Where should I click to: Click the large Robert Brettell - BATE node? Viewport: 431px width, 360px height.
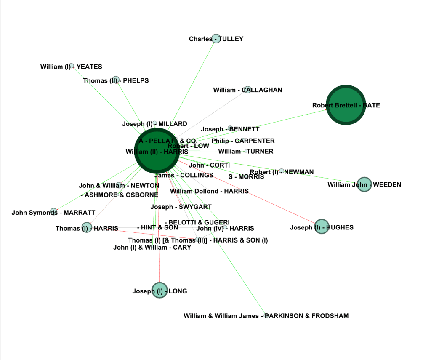(346, 105)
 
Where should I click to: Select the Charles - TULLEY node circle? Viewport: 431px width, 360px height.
(216, 39)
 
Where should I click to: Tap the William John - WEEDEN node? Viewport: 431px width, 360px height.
(364, 184)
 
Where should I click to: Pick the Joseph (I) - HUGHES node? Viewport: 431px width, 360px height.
(321, 227)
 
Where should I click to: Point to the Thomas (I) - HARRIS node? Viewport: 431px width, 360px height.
(86, 228)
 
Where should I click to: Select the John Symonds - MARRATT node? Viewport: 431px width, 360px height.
(53, 212)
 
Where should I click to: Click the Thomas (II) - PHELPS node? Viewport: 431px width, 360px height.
(116, 80)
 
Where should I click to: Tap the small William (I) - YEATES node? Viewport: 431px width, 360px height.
(72, 66)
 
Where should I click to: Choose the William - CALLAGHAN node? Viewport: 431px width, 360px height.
(247, 89)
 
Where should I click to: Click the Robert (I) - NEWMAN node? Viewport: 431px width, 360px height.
(282, 171)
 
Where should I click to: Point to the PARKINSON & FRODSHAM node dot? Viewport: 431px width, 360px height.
(266, 315)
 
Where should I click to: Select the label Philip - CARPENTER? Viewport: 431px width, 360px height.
(243, 141)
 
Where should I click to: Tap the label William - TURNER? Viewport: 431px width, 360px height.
(245, 151)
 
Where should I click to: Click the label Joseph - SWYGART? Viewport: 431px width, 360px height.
(181, 207)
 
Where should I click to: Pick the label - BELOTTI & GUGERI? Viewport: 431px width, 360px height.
(197, 222)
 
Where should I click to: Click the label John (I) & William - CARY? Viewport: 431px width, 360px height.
(152, 247)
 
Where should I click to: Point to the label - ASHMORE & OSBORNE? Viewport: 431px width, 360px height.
(120, 195)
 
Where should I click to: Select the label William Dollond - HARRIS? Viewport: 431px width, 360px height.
(209, 191)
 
